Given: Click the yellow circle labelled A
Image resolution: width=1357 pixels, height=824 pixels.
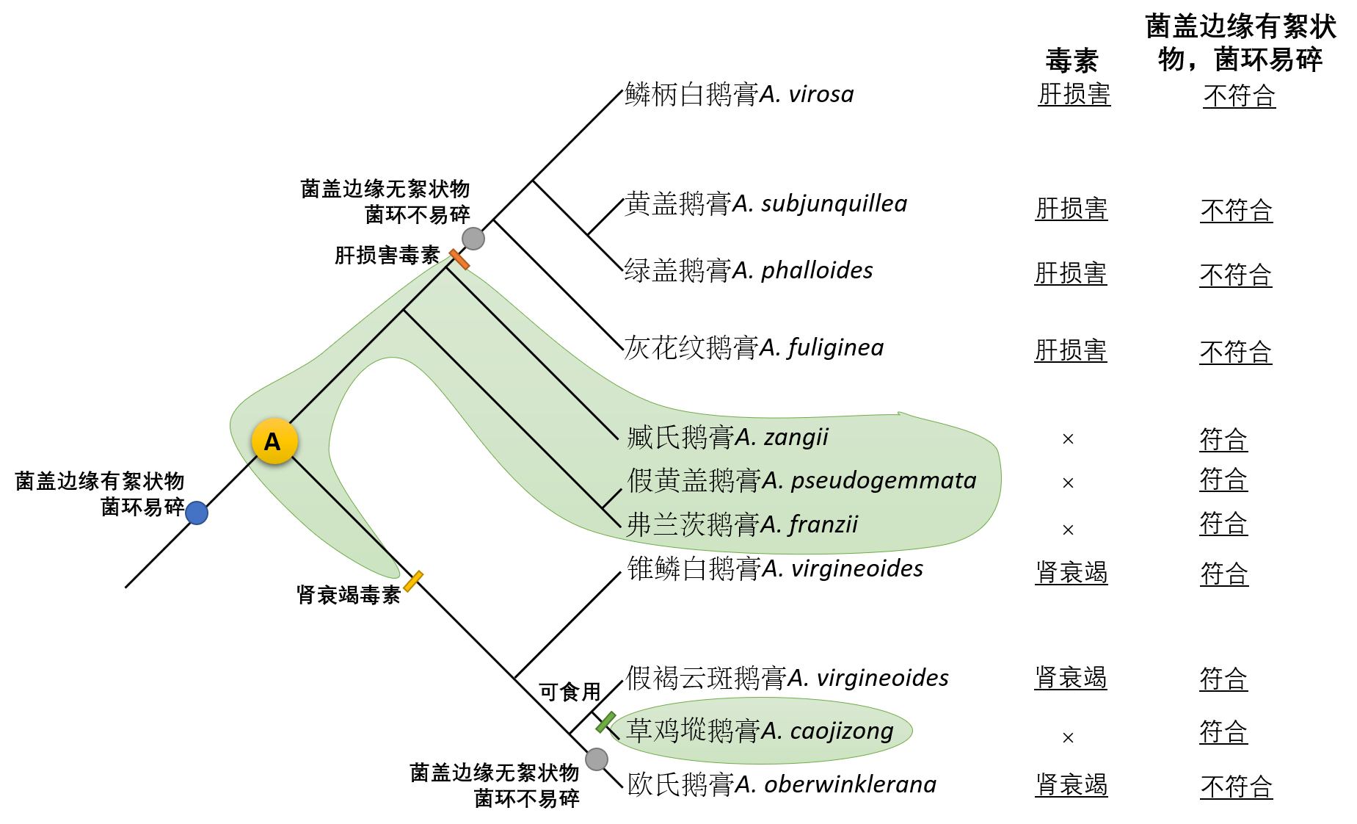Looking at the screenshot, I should [x=274, y=441].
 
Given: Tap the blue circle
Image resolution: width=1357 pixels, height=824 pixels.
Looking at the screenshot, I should [x=197, y=513].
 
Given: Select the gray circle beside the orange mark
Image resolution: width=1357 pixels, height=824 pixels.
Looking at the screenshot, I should [x=473, y=239].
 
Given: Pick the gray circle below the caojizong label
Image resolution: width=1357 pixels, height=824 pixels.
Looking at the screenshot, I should [x=597, y=759].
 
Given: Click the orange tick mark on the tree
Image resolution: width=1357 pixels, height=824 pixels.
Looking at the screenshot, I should [x=459, y=259].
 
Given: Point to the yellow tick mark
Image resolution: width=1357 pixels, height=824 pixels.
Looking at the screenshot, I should [x=413, y=581].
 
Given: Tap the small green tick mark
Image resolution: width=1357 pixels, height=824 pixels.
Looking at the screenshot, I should [x=605, y=722].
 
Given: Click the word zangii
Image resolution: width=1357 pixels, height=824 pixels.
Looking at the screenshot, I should [x=796, y=438].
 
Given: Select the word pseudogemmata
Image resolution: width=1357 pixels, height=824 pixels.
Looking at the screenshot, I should [x=884, y=481].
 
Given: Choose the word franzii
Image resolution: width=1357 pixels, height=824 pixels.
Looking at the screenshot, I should [x=823, y=525].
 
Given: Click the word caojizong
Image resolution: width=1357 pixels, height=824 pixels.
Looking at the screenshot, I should [x=842, y=731].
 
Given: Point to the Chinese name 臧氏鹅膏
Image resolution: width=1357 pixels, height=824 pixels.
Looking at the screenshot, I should [x=680, y=438].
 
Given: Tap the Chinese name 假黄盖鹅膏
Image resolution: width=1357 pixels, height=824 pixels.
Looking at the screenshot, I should [x=694, y=481].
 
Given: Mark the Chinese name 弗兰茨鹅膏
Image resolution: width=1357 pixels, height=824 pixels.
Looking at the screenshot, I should [x=693, y=525].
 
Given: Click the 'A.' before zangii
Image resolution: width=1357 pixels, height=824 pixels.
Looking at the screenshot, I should [x=745, y=438].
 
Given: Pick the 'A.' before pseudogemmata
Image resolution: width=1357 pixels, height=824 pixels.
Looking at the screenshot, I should [x=773, y=481].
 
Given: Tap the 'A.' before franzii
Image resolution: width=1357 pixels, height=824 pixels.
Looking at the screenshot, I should [x=771, y=525].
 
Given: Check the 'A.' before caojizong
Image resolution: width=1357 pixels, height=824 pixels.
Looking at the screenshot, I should [x=772, y=731].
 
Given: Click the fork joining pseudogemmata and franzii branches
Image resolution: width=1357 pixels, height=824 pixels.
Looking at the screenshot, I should [x=603, y=507].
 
